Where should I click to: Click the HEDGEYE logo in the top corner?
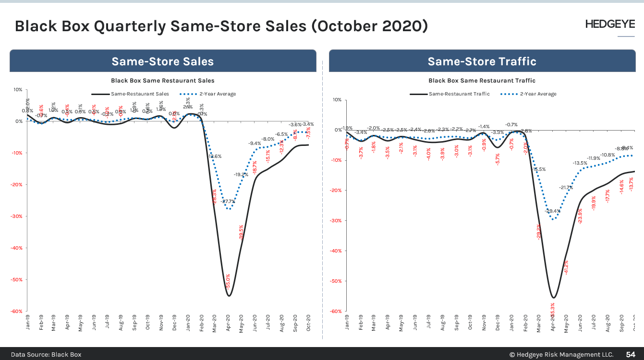(x=610, y=24)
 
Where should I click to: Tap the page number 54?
(x=630, y=354)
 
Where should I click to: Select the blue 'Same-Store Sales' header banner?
(x=163, y=61)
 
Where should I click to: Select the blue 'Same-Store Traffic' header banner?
(x=482, y=61)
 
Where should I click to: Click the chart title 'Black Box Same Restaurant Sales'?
(x=163, y=81)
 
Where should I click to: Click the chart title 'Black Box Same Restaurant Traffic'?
(x=482, y=81)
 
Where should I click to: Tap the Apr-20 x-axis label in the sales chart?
(x=229, y=323)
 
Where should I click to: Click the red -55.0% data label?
(x=228, y=281)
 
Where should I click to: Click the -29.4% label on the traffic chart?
(x=553, y=211)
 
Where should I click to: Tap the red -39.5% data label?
(x=242, y=232)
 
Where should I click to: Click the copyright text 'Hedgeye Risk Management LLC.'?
(x=561, y=354)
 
